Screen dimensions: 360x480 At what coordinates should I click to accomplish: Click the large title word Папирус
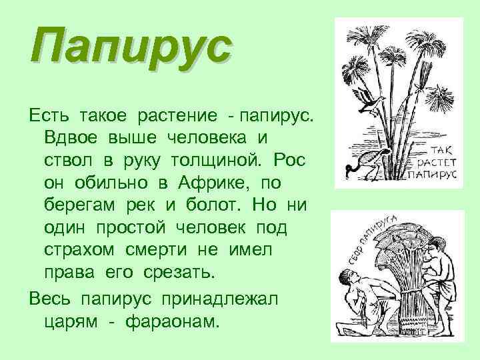click(131, 47)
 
